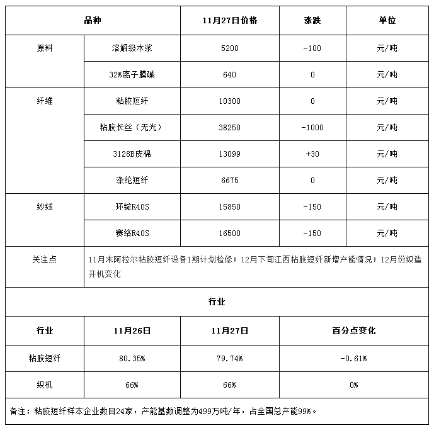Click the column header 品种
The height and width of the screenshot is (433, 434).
pos(93,21)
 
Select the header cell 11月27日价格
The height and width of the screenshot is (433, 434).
pos(230,21)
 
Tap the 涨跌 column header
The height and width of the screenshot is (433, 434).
pos(312,21)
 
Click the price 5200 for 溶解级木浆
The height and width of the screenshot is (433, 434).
pos(230,48)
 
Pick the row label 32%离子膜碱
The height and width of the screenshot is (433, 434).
pos(132,75)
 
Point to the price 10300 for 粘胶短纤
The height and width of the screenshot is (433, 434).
pos(230,101)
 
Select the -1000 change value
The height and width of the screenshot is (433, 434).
pos(312,128)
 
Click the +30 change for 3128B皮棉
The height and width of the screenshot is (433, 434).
pos(312,154)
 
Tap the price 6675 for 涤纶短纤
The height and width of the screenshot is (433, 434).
pos(230,181)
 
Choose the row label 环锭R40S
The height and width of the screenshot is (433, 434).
pos(132,207)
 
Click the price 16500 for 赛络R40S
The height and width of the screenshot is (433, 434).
pos(230,233)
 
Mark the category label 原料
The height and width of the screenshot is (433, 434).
pos(45,48)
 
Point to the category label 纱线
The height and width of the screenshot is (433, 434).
pos(45,207)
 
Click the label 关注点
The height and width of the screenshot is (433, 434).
pos(45,259)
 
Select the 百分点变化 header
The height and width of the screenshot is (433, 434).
pos(353,330)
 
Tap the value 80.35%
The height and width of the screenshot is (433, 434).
pos(132,358)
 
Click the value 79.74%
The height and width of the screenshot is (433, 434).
pos(230,358)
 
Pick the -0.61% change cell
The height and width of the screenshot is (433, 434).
pos(353,358)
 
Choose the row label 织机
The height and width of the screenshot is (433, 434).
pos(45,385)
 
